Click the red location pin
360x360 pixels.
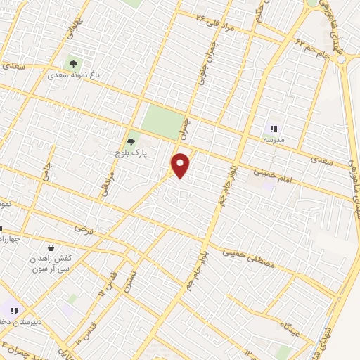181,165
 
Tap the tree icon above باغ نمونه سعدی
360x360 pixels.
73,65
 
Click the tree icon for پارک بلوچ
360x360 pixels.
131,142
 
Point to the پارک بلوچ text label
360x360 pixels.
131,153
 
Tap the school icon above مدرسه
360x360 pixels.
274,129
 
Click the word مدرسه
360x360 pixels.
274,140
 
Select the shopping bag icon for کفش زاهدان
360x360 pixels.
51,247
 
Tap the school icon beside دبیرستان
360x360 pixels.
14,310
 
